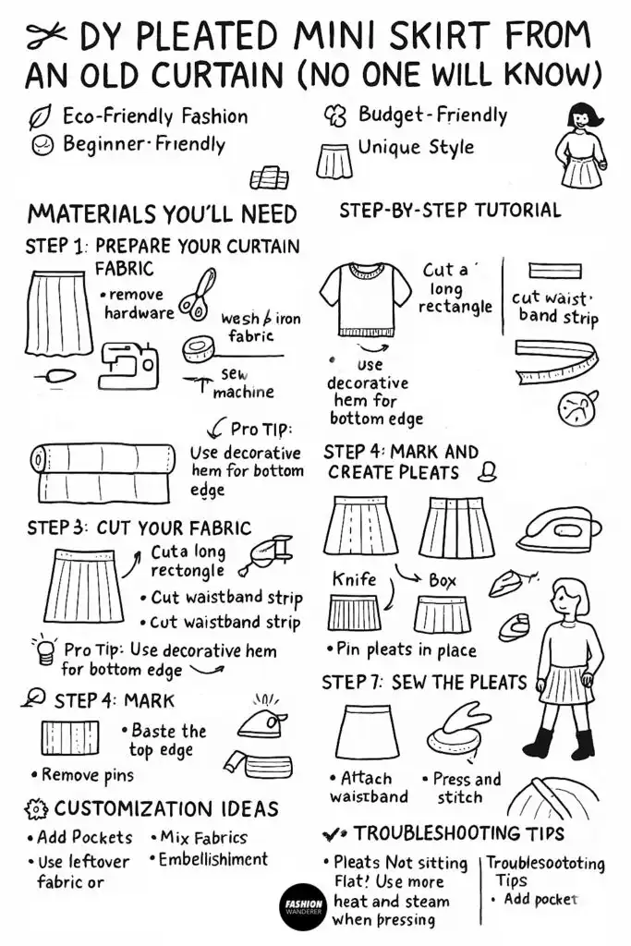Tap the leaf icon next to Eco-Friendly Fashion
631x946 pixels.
pos(40,117)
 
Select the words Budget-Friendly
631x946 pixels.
pos(432,115)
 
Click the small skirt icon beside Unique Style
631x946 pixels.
pos(331,160)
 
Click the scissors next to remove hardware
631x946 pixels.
pos(197,293)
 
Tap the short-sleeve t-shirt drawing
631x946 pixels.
pos(358,296)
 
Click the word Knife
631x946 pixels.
pos(354,579)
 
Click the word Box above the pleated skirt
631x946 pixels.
pos(443,581)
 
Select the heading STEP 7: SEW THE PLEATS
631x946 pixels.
pos(423,683)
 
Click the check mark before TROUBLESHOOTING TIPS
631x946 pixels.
pos(334,834)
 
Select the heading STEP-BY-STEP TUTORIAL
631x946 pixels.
pos(449,210)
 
